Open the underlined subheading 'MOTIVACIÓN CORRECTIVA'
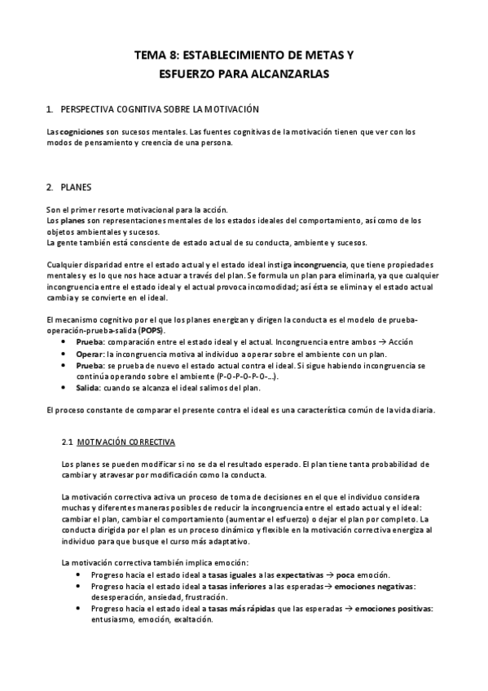pos(125,442)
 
